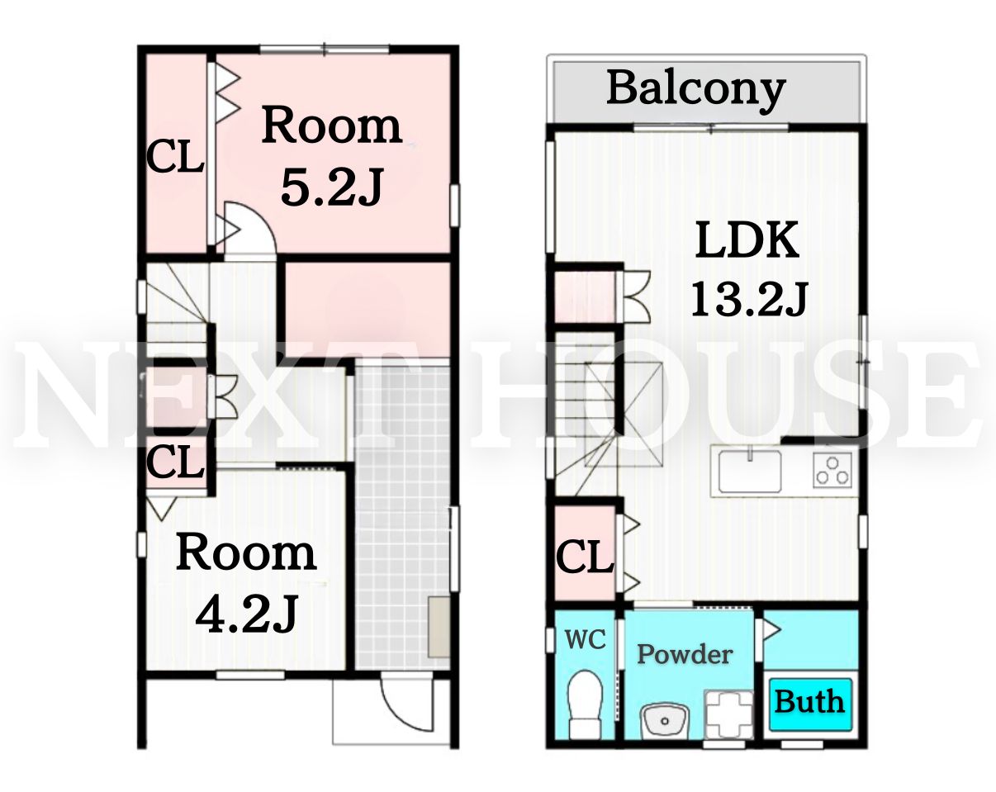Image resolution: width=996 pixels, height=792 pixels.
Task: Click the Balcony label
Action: click(695, 89)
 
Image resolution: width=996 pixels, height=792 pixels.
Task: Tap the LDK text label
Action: click(747, 240)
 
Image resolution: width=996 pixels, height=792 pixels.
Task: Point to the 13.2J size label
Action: click(749, 301)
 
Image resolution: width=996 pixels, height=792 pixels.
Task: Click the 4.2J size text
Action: click(246, 614)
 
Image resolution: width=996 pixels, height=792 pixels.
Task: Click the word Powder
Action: click(685, 655)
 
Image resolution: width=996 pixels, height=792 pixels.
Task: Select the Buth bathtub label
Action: click(809, 702)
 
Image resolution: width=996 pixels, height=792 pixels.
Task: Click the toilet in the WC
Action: click(584, 704)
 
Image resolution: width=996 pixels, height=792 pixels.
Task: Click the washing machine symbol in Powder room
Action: click(728, 714)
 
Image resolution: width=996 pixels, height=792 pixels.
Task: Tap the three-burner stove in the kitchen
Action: click(832, 470)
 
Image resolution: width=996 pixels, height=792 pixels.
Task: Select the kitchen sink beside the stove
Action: click(750, 472)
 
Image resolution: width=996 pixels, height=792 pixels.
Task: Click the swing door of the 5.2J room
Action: click(250, 228)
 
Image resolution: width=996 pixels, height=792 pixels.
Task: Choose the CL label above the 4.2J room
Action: click(175, 462)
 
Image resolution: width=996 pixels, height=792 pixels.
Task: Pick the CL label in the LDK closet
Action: click(585, 557)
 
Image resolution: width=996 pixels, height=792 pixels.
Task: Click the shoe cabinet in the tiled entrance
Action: click(439, 627)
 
